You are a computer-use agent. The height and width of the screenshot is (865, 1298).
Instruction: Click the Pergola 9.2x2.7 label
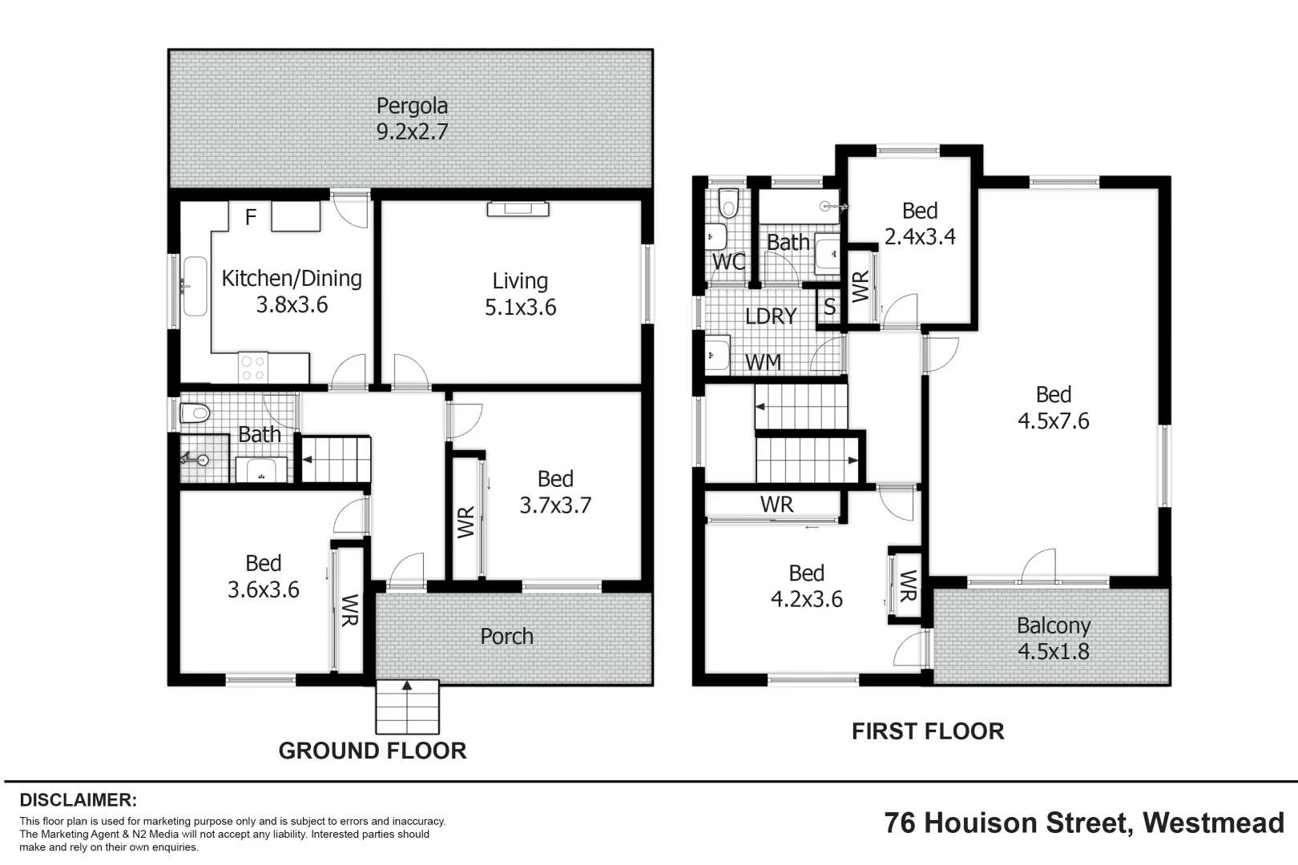pos(412,119)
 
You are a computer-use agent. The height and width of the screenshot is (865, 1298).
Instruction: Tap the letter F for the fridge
pos(250,217)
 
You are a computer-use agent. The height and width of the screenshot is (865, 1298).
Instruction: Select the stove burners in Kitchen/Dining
pos(253,368)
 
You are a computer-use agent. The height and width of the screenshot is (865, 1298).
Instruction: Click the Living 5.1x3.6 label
pos(520,294)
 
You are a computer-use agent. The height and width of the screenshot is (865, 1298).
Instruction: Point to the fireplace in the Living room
pos(518,209)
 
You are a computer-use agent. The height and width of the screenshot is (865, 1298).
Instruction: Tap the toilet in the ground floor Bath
pos(195,413)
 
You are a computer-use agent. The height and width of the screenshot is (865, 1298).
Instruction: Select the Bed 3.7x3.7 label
pos(555,492)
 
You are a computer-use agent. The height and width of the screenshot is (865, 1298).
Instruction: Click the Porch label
pos(506,637)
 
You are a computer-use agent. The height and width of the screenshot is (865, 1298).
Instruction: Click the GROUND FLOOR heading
pos(372,750)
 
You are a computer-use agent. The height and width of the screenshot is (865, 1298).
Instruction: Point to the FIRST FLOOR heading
pos(927,731)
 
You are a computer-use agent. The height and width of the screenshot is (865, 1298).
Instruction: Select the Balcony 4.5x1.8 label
pos(1053,638)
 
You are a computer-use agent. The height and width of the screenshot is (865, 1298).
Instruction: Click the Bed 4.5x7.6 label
pos(1053,407)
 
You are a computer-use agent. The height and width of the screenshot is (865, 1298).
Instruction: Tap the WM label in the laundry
pos(763,362)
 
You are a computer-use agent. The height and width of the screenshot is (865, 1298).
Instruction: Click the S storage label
pos(829,307)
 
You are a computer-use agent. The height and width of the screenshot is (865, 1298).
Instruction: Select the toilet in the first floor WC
pos(728,203)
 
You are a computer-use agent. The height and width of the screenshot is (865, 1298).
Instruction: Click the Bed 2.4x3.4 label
pos(919,223)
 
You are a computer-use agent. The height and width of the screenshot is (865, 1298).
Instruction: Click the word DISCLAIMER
pos(78,800)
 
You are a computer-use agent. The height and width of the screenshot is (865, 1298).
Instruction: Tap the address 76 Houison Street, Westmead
pos(1084,823)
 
